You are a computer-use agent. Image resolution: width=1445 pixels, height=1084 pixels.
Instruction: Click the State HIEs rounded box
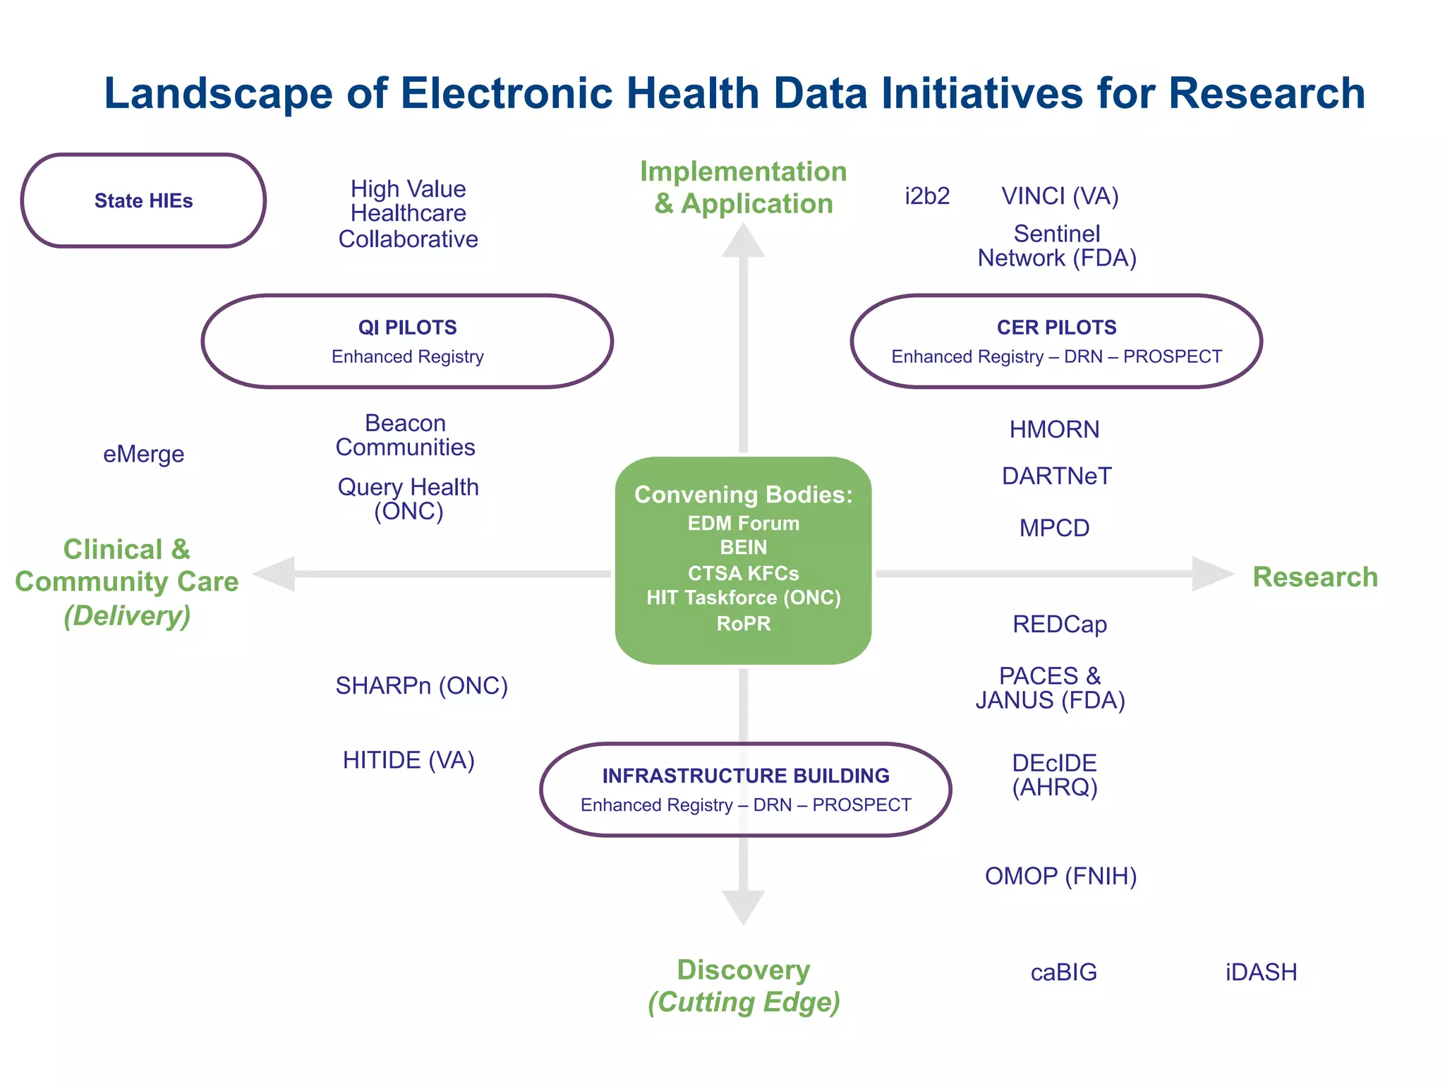coord(143,200)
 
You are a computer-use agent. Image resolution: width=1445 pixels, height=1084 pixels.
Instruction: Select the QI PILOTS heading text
coord(407,327)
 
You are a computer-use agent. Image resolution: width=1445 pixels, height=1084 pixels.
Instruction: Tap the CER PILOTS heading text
coord(1056,327)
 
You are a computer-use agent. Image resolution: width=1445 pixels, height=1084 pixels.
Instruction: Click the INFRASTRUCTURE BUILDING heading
coord(745,776)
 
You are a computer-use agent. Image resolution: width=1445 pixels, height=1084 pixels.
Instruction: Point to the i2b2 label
coord(927,196)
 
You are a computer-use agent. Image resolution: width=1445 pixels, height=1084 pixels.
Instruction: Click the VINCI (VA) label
coord(1060,196)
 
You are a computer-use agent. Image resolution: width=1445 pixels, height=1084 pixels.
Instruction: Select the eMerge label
coord(143,454)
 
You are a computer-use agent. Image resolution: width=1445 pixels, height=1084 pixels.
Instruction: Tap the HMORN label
coord(1054,429)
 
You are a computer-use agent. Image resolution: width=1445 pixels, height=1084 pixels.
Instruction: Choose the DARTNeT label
coord(1056,476)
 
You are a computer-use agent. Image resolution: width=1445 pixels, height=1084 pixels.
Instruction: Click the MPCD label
coord(1054,528)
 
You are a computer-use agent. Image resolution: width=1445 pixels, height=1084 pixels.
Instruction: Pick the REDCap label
coord(1059,625)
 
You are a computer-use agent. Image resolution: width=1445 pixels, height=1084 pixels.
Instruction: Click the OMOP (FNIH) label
coord(1060,876)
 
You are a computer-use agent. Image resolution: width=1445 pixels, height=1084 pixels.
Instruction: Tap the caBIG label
coord(1063,972)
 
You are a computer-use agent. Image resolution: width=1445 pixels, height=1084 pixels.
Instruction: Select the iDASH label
coord(1261,972)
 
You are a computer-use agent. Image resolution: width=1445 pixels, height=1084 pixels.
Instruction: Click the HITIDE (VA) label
coord(409,760)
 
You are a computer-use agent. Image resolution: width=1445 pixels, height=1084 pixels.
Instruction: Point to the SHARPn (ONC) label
coord(421,685)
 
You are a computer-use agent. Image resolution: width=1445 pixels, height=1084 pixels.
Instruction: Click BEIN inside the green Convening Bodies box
coord(743,548)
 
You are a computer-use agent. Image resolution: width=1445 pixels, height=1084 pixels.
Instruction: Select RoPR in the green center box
coord(743,624)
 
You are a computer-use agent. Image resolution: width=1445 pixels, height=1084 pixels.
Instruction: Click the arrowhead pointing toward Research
coord(1210,574)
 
